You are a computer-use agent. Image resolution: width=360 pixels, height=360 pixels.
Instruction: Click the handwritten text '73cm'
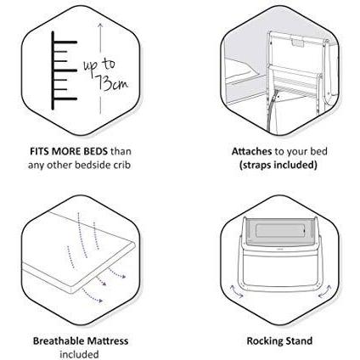112,83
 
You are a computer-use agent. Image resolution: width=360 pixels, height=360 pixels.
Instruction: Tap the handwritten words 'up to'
99,66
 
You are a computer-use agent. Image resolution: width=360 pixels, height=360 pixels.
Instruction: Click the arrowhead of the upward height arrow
100,26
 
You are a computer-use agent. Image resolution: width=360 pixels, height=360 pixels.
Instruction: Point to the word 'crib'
121,165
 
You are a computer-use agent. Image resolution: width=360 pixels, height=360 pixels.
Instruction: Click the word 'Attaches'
251,151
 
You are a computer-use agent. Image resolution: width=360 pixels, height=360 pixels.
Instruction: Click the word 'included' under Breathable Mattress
79,354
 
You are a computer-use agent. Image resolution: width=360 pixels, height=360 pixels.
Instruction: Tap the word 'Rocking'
264,340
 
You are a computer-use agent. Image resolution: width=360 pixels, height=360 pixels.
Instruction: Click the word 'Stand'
299,340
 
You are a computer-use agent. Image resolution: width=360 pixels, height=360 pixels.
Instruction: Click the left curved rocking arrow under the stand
236,292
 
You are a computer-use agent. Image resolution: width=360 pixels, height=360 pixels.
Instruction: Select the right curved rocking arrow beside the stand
324,292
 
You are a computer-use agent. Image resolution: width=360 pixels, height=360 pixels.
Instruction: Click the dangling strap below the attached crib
270,113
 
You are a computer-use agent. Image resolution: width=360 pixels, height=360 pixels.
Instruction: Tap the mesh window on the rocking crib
278,232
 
